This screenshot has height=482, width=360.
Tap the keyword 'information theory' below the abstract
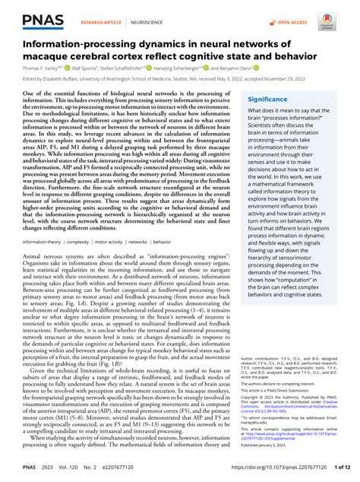pyautogui.click(x=42, y=262)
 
